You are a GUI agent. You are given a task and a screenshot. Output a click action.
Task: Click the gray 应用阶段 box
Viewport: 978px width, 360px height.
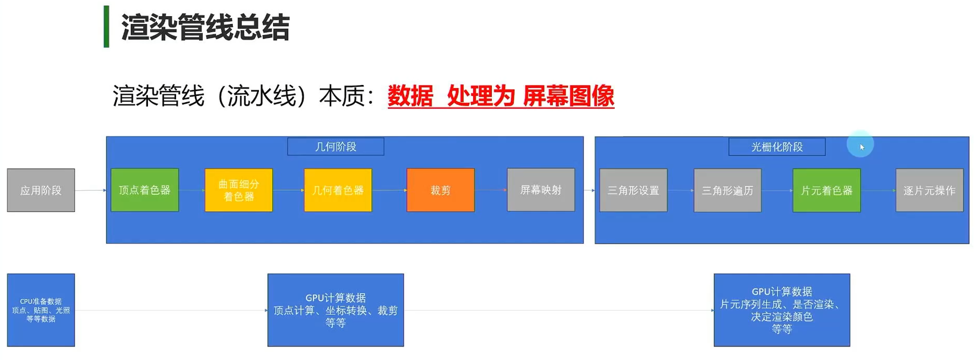coord(41,190)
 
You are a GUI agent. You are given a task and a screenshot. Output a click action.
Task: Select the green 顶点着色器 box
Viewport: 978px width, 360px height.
coord(145,190)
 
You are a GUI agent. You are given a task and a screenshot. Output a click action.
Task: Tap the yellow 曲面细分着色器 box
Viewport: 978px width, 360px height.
coord(239,190)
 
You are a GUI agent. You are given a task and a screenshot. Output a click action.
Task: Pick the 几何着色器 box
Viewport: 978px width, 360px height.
coord(338,190)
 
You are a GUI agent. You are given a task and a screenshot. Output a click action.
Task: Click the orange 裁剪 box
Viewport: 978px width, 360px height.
coord(440,190)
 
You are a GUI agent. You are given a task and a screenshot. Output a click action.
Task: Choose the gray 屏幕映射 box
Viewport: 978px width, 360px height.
coord(541,190)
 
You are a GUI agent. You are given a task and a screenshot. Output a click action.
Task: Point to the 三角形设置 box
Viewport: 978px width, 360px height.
coord(633,191)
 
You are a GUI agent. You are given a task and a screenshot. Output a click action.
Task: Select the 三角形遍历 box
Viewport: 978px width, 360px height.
coord(727,191)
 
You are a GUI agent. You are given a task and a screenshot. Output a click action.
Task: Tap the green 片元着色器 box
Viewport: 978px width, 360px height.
coord(826,191)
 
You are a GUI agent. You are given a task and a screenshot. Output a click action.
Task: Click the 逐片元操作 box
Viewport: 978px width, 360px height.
coord(929,191)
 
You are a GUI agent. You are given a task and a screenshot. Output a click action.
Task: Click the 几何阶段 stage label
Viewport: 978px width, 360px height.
coord(336,147)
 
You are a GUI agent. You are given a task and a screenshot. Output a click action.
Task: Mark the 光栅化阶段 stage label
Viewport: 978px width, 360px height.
coord(777,147)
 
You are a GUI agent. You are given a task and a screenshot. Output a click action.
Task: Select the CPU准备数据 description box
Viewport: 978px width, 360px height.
coord(41,310)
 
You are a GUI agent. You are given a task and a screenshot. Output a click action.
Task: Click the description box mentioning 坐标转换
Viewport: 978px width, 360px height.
coord(336,310)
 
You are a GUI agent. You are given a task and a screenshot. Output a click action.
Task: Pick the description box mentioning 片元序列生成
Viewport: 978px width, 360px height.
coord(782,310)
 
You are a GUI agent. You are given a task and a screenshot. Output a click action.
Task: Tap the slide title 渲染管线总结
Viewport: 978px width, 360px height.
coord(205,27)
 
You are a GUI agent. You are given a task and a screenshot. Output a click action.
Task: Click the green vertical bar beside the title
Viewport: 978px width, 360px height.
coord(106,27)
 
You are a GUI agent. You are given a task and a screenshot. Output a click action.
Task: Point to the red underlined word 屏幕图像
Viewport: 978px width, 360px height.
coord(568,96)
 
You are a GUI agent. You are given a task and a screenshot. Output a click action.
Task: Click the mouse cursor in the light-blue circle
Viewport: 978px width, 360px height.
coord(862,147)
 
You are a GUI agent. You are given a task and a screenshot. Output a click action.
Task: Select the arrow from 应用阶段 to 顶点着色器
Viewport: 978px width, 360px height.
coord(91,190)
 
